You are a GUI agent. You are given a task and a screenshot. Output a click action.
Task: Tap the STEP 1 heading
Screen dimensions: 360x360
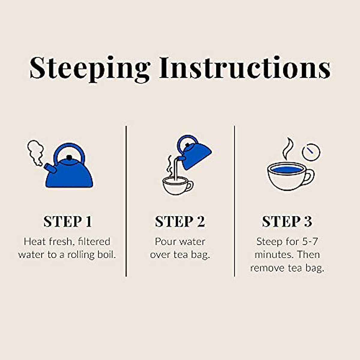click(67, 222)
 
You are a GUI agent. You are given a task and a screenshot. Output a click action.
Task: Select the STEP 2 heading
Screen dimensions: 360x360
click(180, 222)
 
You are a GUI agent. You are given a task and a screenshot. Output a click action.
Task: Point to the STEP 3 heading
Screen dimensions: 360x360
click(287, 222)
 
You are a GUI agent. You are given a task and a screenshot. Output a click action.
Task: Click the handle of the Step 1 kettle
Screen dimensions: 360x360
click(69, 149)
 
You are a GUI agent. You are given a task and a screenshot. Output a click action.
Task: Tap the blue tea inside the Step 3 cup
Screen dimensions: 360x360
click(286, 170)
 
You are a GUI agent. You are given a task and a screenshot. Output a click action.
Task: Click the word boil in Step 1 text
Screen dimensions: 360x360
click(107, 255)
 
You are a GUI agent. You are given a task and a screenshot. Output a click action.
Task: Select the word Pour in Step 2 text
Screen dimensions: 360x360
click(165, 241)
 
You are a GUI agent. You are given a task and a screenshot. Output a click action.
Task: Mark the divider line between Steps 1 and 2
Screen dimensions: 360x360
click(126, 201)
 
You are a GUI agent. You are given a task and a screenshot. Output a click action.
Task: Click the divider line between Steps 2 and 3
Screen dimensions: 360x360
click(234, 201)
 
